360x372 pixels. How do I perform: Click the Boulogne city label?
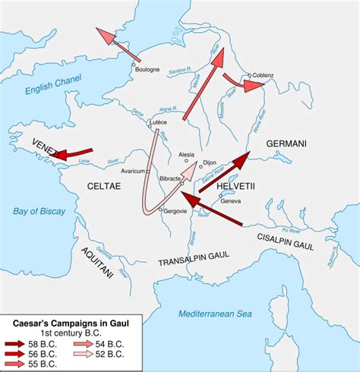(148, 70)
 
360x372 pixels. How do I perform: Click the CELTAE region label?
(104, 184)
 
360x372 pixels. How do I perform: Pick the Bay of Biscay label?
(31, 212)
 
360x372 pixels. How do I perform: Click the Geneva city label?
(232, 200)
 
